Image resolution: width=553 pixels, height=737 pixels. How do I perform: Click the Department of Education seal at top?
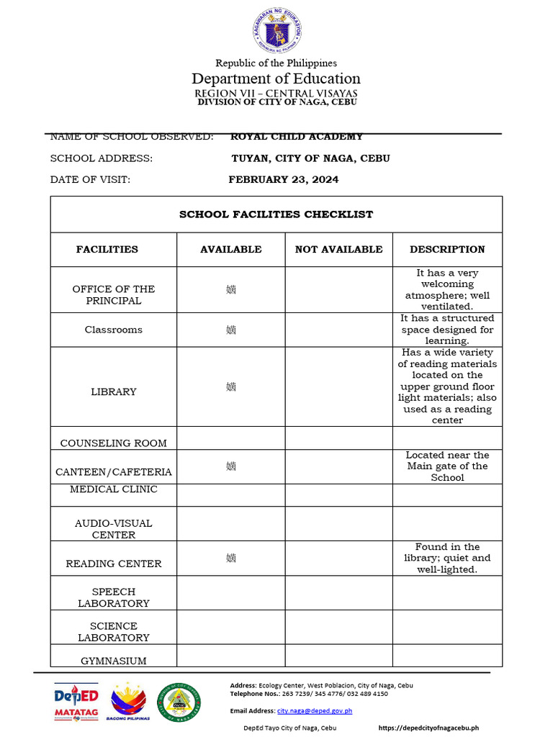276,31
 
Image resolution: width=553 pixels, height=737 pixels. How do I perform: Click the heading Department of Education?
276,78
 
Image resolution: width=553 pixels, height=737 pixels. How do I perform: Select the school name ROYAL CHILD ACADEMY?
297,137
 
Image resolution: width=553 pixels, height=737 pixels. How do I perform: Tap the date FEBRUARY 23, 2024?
283,180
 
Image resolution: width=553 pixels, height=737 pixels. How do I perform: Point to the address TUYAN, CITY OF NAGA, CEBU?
310,158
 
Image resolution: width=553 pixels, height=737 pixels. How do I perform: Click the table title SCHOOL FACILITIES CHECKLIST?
276,214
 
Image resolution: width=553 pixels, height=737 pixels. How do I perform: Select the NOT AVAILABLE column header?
338,250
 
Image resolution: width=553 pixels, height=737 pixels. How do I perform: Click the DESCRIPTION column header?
447,250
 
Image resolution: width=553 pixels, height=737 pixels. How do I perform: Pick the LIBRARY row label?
113,392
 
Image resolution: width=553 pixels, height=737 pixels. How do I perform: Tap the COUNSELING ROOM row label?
113,443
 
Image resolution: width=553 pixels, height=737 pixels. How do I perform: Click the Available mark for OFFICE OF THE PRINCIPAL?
230,290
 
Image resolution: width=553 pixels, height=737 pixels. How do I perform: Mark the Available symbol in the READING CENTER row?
230,558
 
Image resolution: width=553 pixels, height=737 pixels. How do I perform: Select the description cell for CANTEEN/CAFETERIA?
447,466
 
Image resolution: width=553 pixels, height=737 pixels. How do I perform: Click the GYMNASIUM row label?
113,661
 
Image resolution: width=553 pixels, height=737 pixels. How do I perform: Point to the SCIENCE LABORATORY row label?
113,632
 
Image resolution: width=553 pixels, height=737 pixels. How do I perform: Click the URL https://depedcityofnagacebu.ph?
428,728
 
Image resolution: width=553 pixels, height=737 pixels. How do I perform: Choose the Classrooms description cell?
447,330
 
